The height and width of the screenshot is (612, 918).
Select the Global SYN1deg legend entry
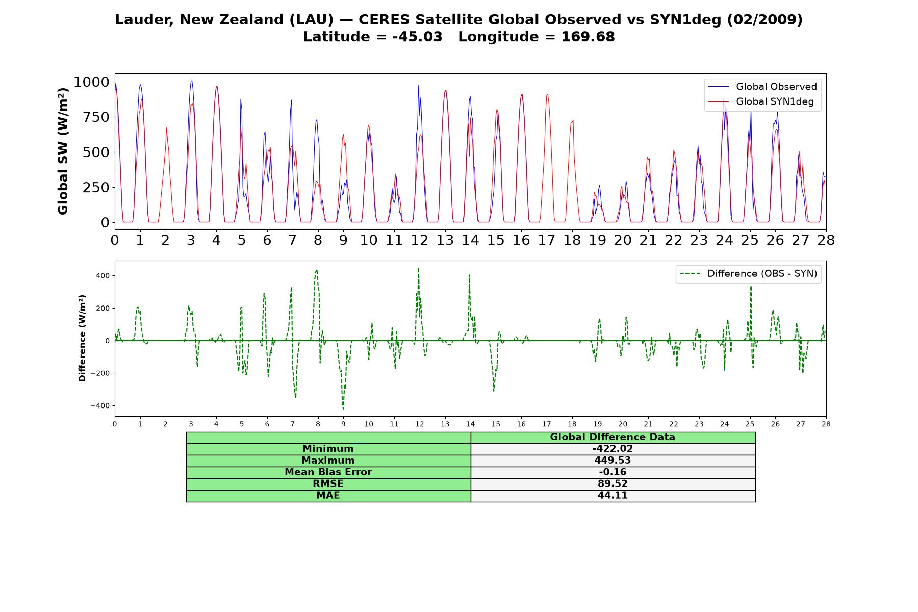[761, 101]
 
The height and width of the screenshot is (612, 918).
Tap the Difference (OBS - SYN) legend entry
[749, 274]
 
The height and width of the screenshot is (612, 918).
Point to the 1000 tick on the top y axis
[92, 82]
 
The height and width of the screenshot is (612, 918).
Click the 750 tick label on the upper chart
[96, 117]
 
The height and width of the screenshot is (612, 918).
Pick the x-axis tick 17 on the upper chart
[547, 240]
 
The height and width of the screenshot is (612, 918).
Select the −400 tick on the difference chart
[100, 406]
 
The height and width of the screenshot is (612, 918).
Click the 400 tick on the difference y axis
[103, 276]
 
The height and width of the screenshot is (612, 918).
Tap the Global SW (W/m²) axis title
[63, 151]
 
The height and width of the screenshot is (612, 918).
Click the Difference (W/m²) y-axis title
[82, 338]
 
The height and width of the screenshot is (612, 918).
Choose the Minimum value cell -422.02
[613, 449]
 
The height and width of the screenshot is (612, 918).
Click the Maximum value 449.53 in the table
[613, 461]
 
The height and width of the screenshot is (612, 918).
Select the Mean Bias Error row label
[328, 472]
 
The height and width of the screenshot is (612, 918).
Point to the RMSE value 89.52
[613, 484]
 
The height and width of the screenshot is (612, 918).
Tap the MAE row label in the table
[328, 496]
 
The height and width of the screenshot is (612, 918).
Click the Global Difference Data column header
[613, 437]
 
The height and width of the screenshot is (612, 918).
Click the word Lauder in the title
[144, 20]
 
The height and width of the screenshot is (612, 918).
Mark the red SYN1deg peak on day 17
[547, 94]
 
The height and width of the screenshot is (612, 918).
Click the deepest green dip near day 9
[343, 409]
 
